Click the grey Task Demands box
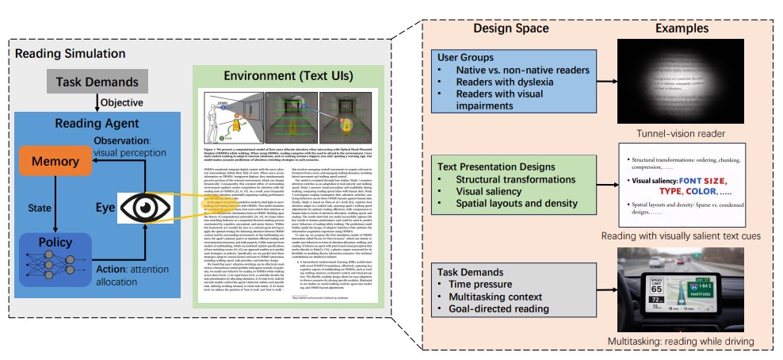[x=97, y=82]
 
